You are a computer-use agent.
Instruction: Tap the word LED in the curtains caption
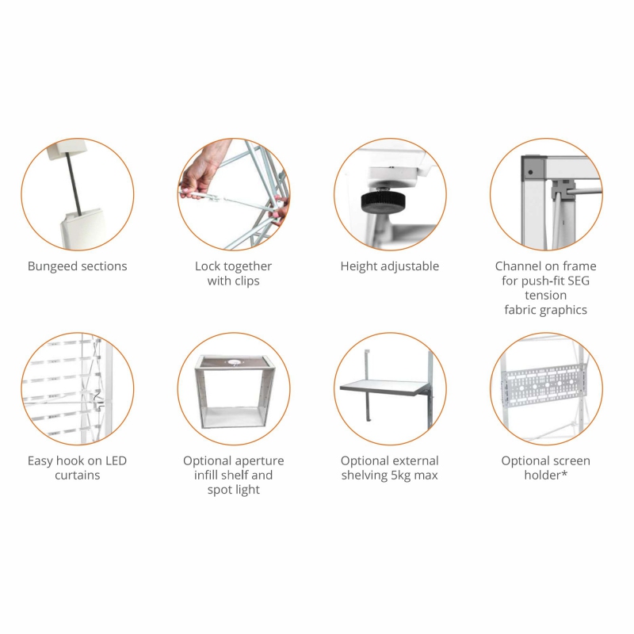point(116,460)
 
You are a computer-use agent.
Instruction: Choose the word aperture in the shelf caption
point(259,461)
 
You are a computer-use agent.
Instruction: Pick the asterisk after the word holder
point(564,473)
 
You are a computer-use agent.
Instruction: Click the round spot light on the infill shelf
point(234,362)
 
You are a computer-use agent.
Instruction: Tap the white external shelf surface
point(385,386)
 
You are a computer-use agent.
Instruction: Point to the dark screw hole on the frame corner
point(530,172)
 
